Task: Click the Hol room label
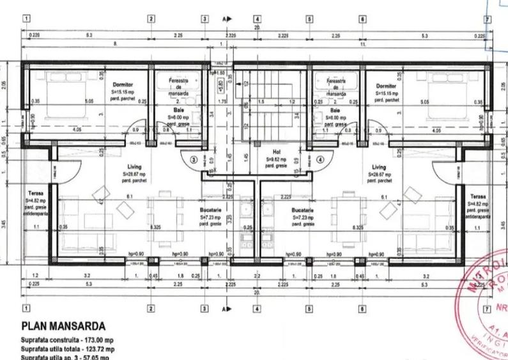click(277, 152)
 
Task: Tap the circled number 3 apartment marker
click(194, 160)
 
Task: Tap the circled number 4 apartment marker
click(320, 160)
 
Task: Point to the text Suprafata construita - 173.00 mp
click(67, 339)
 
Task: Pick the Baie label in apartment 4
click(335, 110)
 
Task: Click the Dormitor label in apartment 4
click(386, 85)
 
